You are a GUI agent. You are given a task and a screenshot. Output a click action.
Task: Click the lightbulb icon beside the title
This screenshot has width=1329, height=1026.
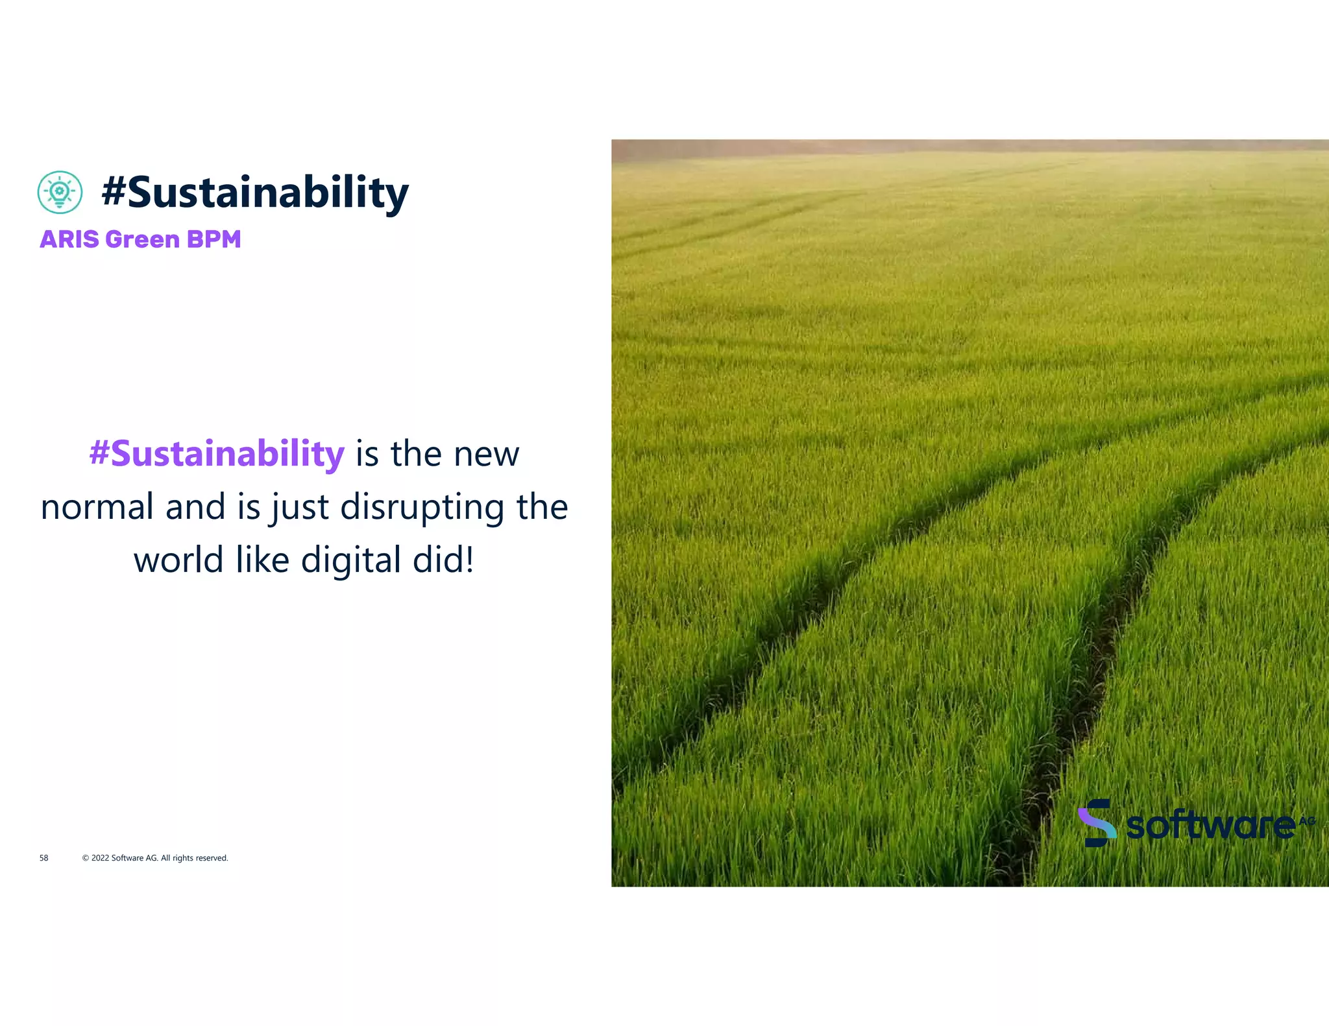point(60,192)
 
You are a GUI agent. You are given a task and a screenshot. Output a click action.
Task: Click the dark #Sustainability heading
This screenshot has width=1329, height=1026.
point(255,193)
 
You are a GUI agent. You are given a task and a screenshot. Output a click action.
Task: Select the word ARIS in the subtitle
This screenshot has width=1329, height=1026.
point(69,239)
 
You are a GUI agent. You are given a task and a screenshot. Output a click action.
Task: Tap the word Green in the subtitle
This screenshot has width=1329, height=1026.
point(142,239)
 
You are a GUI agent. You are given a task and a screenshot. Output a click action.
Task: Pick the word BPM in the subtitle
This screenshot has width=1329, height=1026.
point(213,239)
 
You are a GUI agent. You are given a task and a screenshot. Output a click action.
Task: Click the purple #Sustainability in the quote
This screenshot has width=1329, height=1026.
point(217,453)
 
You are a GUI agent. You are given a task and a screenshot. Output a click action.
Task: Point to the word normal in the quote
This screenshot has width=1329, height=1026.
point(97,507)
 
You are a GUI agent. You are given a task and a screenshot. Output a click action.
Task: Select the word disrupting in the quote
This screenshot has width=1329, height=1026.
point(422,507)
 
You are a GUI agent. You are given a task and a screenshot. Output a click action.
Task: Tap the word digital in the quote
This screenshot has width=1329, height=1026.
point(351,560)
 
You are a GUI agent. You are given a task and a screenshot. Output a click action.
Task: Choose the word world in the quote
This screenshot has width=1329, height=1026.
point(178,560)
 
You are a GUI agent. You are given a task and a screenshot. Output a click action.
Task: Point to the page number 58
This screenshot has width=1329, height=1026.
point(43,858)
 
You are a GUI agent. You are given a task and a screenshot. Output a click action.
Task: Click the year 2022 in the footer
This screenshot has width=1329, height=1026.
point(100,858)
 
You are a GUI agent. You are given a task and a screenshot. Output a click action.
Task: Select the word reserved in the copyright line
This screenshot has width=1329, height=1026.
point(212,858)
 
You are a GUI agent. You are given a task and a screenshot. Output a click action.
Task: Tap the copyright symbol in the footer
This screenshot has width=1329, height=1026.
point(86,858)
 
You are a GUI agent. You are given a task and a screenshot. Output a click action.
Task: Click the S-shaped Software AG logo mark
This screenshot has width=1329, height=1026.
point(1097,823)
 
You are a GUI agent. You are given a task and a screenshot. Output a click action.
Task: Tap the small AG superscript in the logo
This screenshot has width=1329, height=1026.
point(1306,821)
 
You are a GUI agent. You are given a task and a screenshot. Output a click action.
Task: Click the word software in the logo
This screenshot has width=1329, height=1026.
point(1210,826)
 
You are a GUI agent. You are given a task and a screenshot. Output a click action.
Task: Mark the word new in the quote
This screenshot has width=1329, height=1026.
point(486,454)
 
